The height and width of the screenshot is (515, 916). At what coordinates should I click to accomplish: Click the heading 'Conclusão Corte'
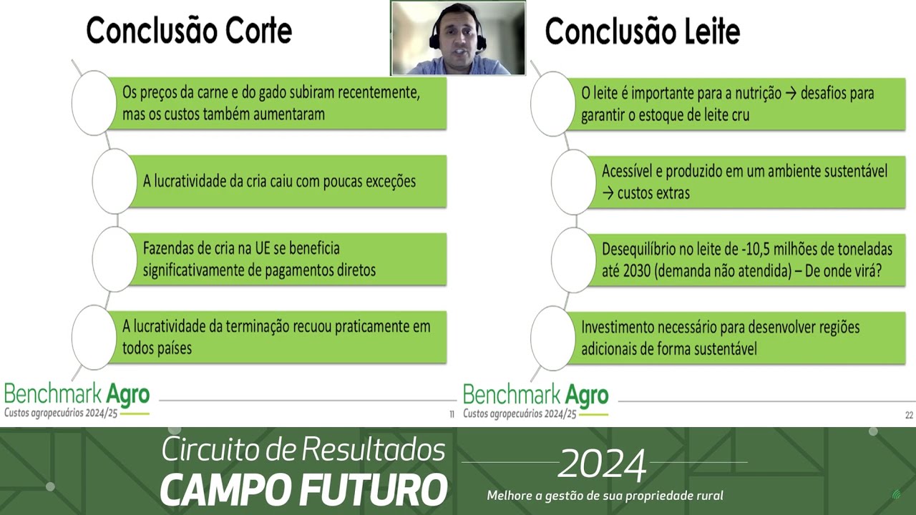(x=189, y=31)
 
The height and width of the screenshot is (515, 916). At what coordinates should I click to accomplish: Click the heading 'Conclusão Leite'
(x=642, y=31)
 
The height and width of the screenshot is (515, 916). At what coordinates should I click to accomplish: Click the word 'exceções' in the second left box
(x=390, y=181)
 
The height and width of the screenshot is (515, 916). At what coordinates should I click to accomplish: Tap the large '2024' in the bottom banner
(x=602, y=466)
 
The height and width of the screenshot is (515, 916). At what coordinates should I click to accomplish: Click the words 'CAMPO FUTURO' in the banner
(x=303, y=489)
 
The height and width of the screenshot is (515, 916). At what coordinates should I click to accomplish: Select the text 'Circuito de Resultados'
(x=303, y=449)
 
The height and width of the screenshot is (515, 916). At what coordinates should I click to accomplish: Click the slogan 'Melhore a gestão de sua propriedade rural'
(x=605, y=496)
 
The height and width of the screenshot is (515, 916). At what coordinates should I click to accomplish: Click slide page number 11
(x=452, y=414)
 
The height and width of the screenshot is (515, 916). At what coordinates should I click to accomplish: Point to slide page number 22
(x=909, y=414)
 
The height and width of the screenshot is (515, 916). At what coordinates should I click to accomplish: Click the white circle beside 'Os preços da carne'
(x=94, y=103)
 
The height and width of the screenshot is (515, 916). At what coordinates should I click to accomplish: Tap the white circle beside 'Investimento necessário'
(x=552, y=338)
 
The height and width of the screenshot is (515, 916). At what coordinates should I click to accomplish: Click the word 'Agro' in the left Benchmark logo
(x=128, y=393)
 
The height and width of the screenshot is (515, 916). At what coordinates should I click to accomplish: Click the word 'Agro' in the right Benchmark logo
(x=587, y=394)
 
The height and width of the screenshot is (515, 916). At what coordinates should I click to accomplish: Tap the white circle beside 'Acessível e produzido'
(x=573, y=182)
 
